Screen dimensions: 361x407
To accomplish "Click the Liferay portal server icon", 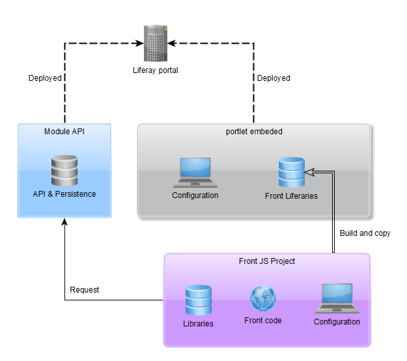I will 155,42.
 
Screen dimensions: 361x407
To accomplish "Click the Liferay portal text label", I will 155,70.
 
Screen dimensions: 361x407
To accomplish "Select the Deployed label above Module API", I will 45,78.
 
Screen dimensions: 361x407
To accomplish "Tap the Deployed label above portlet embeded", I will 274,78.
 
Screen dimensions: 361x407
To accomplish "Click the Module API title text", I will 64,132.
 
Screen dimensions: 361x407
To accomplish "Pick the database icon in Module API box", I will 64,171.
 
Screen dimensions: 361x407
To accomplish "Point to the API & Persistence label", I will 64,194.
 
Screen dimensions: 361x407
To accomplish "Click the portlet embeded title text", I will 254,132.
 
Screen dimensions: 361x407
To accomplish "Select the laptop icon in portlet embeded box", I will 195,173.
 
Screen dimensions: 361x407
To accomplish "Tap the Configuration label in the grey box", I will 195,195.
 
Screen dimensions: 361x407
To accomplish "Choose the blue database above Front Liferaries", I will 291,171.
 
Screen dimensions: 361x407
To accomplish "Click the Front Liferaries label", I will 291,195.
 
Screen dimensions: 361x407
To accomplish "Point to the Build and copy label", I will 365,233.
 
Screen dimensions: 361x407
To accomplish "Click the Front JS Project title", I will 267,261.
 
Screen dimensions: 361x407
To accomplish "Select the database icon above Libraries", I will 198,300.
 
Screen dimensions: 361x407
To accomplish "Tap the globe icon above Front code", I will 263,299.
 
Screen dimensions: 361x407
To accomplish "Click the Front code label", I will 263,321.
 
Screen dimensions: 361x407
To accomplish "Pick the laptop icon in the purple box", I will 337,298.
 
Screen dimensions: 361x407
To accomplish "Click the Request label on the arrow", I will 85,290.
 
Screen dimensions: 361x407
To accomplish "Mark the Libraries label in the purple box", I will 198,323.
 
